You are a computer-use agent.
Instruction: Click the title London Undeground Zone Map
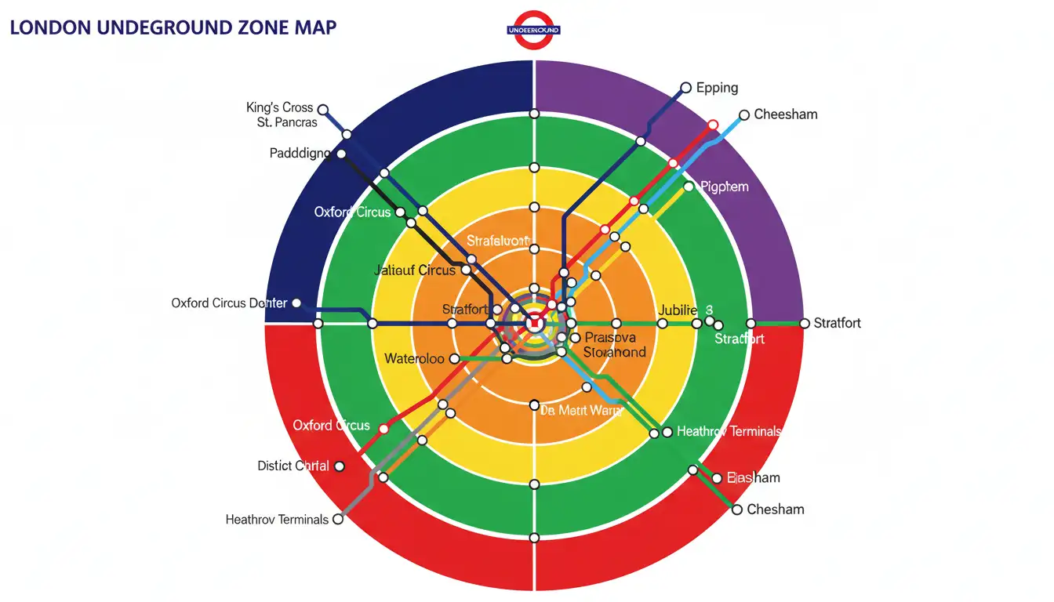(173, 27)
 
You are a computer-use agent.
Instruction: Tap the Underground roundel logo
(534, 30)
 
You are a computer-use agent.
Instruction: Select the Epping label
(718, 88)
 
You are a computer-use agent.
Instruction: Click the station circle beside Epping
(686, 88)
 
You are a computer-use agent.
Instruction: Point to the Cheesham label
(786, 114)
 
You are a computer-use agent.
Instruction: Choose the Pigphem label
(724, 187)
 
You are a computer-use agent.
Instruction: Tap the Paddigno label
(300, 154)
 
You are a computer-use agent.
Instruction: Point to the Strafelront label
(499, 240)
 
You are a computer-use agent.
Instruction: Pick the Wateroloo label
(414, 359)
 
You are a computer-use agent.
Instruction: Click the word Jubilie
(678, 310)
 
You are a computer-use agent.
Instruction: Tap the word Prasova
(611, 337)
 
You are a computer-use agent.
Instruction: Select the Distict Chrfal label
(293, 466)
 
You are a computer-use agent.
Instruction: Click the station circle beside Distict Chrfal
(340, 466)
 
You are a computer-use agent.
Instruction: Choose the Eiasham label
(753, 477)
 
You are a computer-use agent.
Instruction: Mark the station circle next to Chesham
(737, 510)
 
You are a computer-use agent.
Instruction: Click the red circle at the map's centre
(534, 322)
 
